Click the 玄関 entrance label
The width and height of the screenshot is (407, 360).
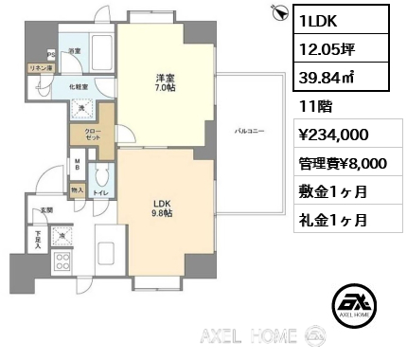pos(44,210)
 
